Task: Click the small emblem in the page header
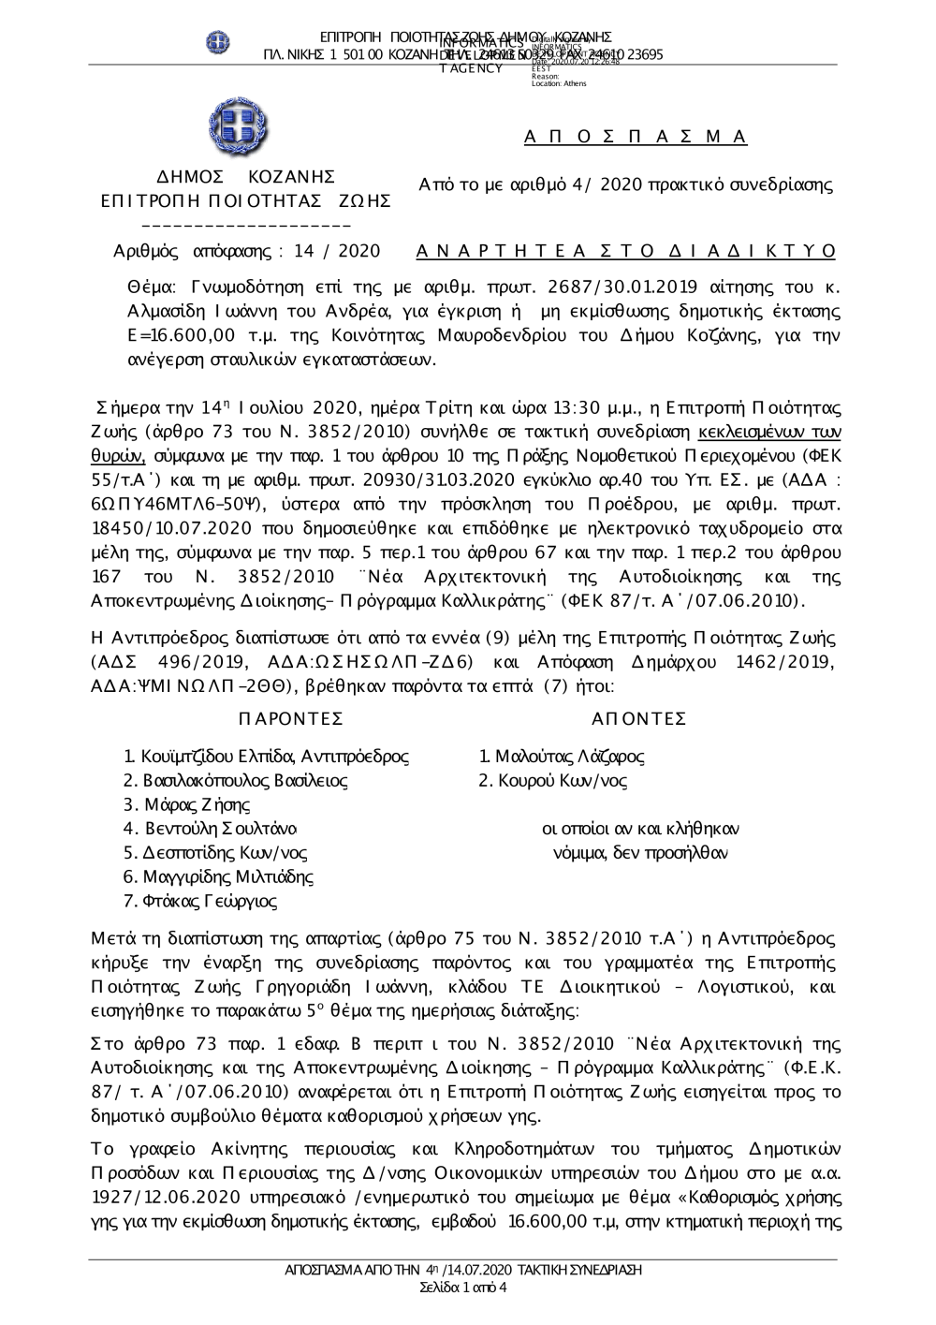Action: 218,42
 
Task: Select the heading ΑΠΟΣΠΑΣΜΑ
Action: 636,138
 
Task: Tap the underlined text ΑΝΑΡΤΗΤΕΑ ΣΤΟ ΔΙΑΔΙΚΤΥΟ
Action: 625,251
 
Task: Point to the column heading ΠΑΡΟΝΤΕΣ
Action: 291,718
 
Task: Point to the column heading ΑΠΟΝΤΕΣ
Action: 640,718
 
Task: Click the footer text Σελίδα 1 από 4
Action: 464,1287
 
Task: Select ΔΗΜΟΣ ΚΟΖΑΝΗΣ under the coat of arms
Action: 245,176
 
